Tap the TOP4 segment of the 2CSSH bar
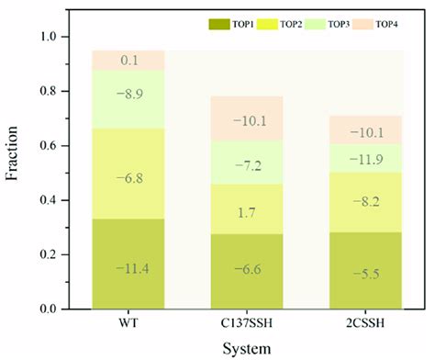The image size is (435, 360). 370,129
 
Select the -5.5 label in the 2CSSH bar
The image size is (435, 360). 370,274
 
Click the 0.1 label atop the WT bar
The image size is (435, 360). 128,60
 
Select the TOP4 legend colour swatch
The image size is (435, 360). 376,22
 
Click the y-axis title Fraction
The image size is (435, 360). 16,172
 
